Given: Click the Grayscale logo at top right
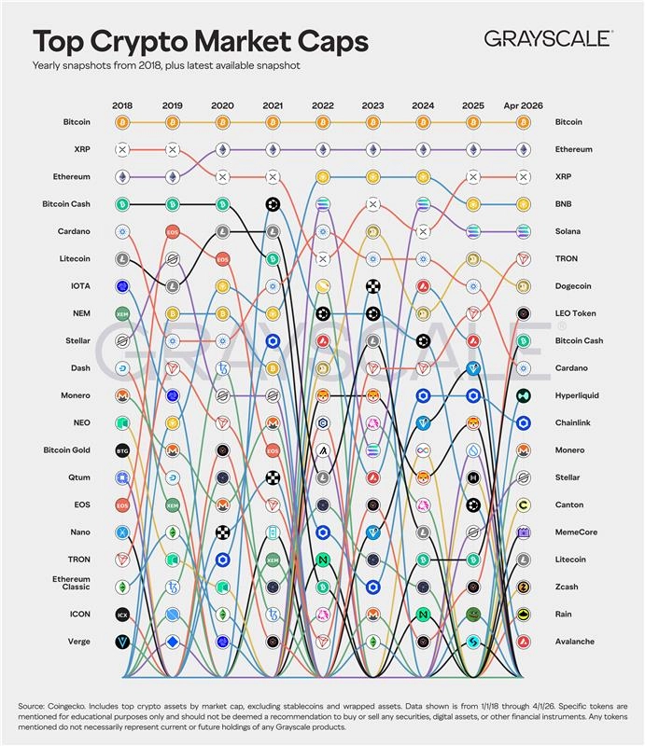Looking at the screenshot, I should (x=548, y=38).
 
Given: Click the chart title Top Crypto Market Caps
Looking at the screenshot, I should (x=201, y=42).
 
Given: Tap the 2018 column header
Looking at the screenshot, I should (x=122, y=105).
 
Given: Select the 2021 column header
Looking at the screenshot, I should (x=272, y=105).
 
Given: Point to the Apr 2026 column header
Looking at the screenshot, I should (x=523, y=105).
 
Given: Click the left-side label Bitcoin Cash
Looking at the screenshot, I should (x=66, y=203).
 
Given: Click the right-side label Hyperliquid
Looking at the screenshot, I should (x=578, y=395).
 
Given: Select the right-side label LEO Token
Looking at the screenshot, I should (x=576, y=313).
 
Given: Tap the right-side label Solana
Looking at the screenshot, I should (x=568, y=231).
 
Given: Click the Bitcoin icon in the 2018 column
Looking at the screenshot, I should (x=122, y=122).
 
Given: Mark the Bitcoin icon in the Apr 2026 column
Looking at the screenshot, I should (x=523, y=122).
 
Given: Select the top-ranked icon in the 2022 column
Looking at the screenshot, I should (x=322, y=122).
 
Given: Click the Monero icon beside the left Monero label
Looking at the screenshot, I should (x=122, y=395).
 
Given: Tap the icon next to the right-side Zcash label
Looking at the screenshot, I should (x=523, y=587).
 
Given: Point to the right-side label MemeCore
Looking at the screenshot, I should (x=575, y=532).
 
